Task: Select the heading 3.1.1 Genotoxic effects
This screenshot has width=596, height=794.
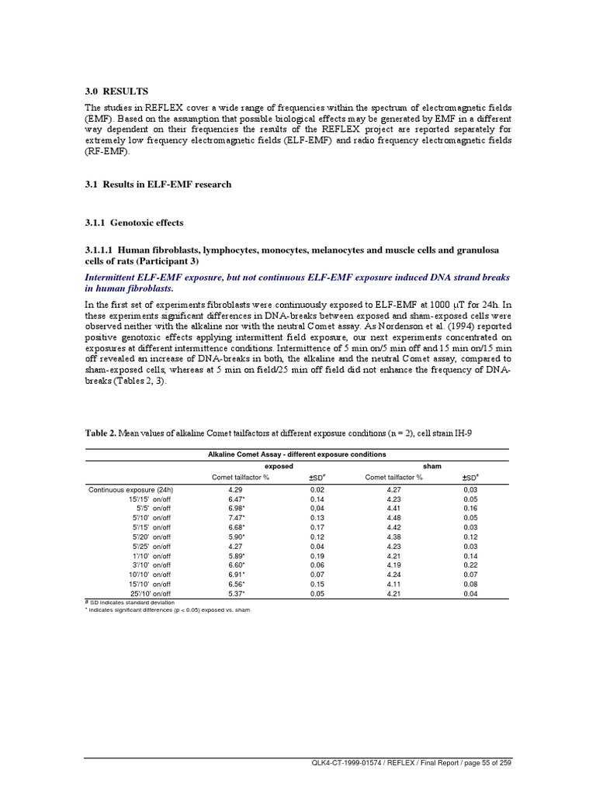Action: coord(134,223)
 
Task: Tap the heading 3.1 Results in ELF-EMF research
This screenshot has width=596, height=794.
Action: coord(158,185)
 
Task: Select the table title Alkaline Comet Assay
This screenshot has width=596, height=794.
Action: coord(296,454)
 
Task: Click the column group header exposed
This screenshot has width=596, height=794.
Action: coord(279,467)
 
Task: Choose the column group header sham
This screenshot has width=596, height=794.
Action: coord(431,467)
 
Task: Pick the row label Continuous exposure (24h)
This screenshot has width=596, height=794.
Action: coord(130,490)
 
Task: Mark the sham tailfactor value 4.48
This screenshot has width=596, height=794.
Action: coord(394,516)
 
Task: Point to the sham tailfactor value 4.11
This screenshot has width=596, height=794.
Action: coord(394,585)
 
